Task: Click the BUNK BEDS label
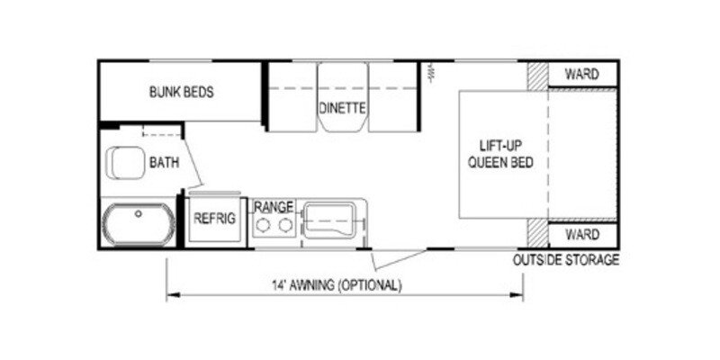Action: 181,91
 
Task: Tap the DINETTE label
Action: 341,108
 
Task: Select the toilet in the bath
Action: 125,164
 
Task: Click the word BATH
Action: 164,163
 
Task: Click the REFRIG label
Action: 215,217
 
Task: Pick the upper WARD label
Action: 581,74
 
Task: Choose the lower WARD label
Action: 581,235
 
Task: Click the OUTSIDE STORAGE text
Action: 566,260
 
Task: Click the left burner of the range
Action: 263,225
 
